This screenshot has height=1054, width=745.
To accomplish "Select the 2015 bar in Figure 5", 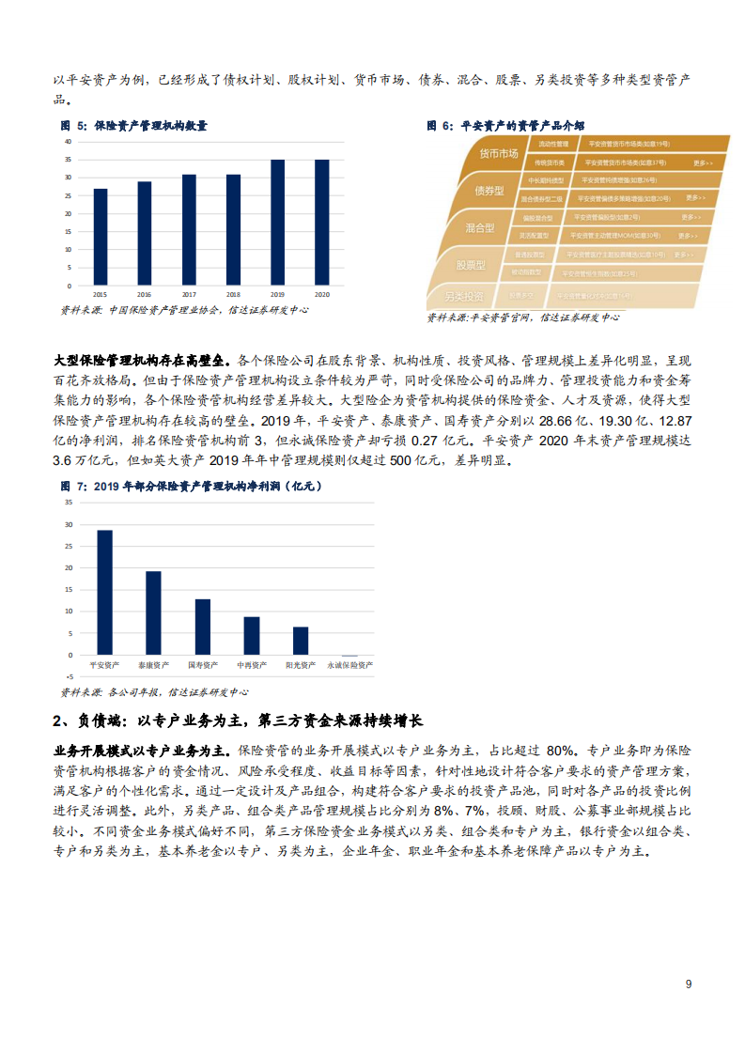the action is click(x=101, y=237).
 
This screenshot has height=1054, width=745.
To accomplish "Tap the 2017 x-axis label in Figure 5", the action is click(x=189, y=294).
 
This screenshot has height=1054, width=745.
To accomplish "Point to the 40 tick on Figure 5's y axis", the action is click(x=68, y=141).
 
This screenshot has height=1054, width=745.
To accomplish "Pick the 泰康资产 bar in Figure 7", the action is click(x=153, y=612).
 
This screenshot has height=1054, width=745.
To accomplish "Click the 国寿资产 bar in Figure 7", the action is click(x=202, y=627).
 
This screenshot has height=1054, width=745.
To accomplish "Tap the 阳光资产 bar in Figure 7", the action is click(x=301, y=641).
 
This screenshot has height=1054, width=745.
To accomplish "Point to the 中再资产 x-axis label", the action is click(x=251, y=665).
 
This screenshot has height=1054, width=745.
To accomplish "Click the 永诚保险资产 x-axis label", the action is click(x=349, y=665).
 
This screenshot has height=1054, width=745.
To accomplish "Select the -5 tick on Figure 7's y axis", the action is click(x=69, y=676).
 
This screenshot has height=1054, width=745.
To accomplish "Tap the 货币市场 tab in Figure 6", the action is click(x=499, y=154).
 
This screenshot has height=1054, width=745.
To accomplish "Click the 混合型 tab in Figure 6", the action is click(x=479, y=227).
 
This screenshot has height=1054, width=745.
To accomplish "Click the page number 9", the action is click(x=689, y=984).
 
